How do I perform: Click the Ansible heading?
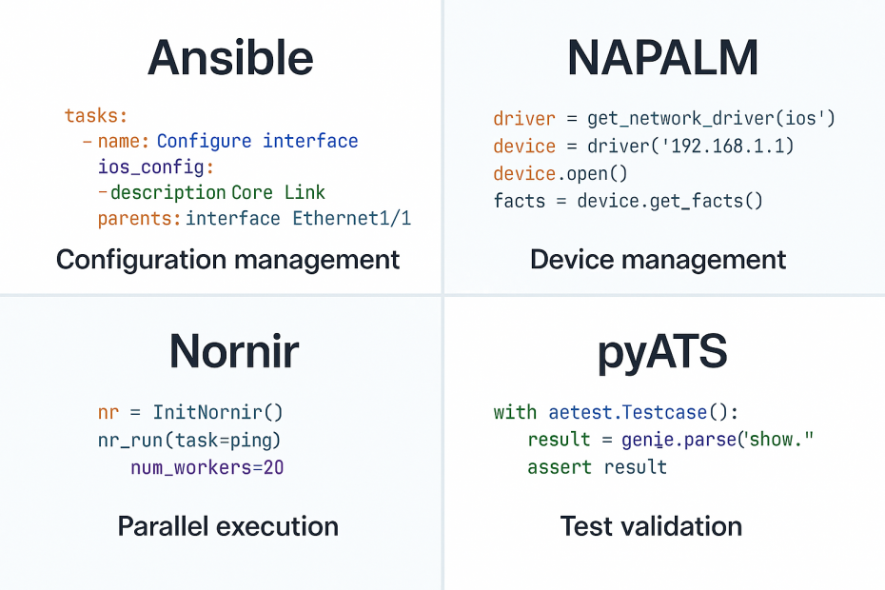coord(230,58)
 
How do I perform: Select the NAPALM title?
coord(662,58)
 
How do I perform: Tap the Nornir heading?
coord(233,352)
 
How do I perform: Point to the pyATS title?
coord(662,352)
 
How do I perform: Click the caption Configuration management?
coord(227,259)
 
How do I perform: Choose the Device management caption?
coord(659,259)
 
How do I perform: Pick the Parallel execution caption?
coord(227,526)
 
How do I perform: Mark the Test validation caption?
coord(651,526)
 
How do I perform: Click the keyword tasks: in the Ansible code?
coord(95,116)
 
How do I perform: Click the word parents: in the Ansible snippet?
coord(139,219)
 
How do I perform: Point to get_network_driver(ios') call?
coord(711,119)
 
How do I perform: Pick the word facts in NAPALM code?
coord(519,201)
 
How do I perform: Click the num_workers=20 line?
coord(207,467)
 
